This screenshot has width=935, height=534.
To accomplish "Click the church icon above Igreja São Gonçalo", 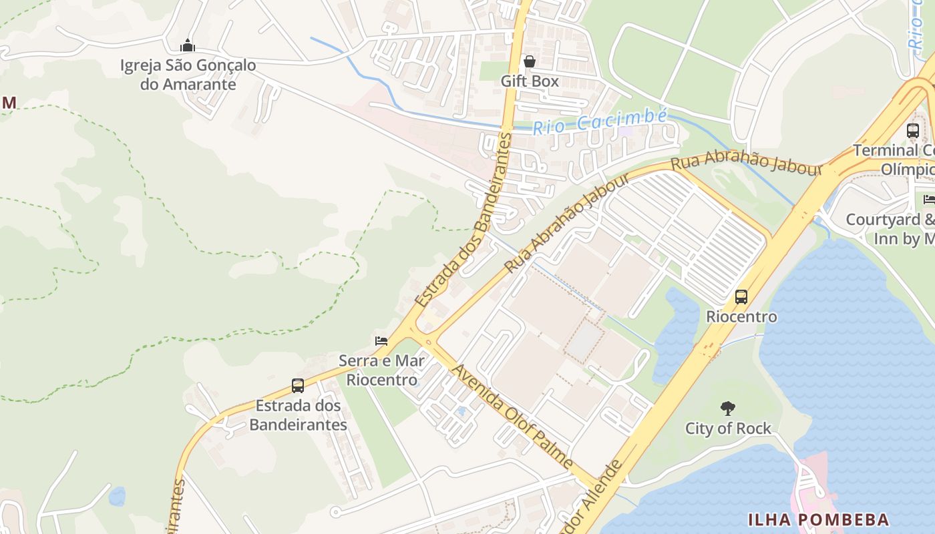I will point(188,45).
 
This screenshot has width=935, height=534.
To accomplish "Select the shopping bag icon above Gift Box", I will point(530,62).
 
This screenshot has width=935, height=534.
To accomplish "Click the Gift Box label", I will point(530,81).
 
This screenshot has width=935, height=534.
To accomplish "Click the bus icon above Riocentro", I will point(741,296).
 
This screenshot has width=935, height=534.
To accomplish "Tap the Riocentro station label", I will point(741,316).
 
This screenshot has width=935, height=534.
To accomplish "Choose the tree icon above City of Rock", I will point(728,408).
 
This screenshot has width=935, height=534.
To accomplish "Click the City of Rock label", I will point(728,429).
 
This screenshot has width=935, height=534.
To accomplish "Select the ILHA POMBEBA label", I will point(818,519).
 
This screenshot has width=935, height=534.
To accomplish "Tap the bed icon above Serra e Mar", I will point(381,341).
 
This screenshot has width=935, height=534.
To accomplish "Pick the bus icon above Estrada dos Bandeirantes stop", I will point(298,386).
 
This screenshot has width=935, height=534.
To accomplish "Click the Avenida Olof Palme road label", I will point(512,416).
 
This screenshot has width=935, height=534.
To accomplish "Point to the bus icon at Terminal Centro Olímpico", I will point(913,131).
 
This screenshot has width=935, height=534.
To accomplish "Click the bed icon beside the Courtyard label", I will point(929,199).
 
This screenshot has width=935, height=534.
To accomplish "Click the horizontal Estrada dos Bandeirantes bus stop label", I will point(298,415).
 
